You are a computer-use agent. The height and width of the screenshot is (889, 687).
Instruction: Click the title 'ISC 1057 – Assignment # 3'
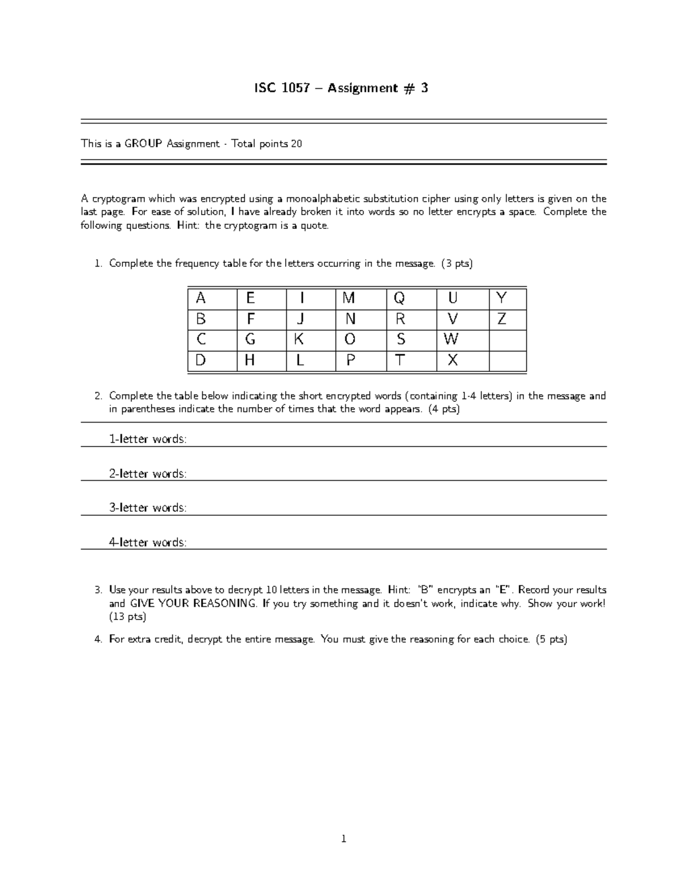click(341, 88)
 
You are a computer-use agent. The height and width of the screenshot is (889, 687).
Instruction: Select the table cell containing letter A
click(212, 298)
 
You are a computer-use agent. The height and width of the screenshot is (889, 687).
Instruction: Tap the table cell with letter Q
click(411, 298)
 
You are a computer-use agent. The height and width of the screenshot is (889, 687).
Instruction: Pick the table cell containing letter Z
click(507, 319)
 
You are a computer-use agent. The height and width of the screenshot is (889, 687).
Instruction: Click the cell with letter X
click(461, 361)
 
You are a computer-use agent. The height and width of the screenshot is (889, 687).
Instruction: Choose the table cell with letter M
click(361, 298)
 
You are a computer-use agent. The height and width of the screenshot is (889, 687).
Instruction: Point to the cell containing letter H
click(261, 361)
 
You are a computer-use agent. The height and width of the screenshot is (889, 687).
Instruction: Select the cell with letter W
click(461, 339)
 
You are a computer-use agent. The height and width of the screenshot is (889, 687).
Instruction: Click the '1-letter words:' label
click(148, 439)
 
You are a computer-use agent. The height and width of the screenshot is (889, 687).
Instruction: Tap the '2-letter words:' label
click(148, 473)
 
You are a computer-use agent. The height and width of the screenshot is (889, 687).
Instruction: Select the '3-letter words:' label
click(148, 508)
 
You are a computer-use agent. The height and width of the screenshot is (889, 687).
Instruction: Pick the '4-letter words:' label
click(148, 542)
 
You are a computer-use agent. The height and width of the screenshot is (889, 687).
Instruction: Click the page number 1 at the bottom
click(343, 839)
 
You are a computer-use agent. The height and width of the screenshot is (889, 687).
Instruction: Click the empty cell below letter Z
click(507, 339)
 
